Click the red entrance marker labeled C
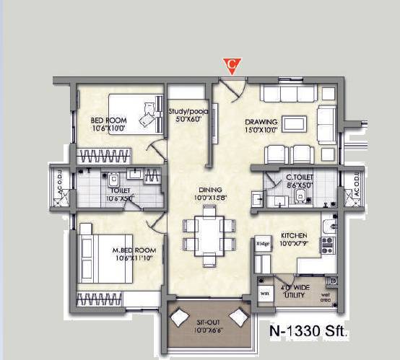click(231, 65)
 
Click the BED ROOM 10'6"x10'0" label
click(108, 124)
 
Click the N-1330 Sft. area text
click(308, 332)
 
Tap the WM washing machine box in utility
click(264, 294)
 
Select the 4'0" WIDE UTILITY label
click(297, 291)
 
